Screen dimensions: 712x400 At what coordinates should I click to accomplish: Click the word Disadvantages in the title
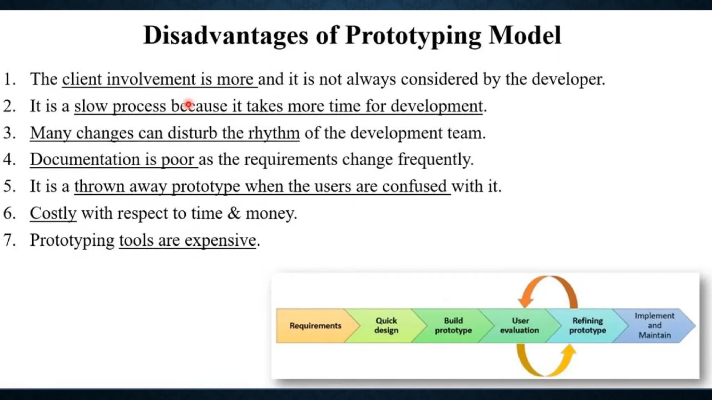click(x=226, y=35)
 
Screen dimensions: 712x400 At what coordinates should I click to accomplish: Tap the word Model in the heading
click(x=525, y=35)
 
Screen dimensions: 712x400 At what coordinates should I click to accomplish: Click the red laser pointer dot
click(x=188, y=104)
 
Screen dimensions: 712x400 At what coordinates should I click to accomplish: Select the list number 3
click(x=9, y=133)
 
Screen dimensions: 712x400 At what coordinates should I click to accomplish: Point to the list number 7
click(x=9, y=240)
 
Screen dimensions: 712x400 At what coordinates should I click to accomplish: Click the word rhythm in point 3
click(x=274, y=133)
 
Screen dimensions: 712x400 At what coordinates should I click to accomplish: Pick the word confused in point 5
click(x=414, y=186)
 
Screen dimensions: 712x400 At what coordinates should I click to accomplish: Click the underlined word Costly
click(x=53, y=214)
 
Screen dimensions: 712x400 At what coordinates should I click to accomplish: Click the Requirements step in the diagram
click(x=315, y=326)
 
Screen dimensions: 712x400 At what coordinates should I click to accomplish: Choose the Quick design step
click(x=386, y=326)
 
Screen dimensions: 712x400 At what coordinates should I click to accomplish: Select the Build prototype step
click(x=453, y=326)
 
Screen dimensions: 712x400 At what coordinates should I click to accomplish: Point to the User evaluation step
click(x=520, y=326)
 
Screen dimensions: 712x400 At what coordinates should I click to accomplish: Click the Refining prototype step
click(x=588, y=326)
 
